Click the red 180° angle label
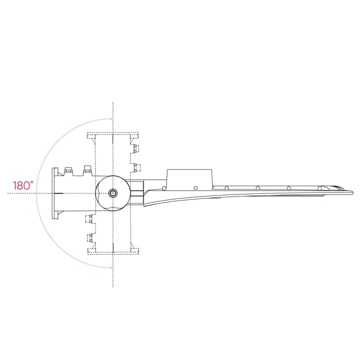(x=23, y=185)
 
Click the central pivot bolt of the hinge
(x=113, y=193)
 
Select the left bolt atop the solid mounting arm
(x=68, y=170)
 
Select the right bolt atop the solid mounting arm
(x=87, y=169)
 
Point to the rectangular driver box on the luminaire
(x=190, y=177)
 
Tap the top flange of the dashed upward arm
(x=113, y=135)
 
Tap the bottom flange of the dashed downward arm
(x=113, y=250)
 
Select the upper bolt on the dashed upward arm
(x=135, y=148)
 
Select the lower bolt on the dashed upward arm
(x=135, y=166)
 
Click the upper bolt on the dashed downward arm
(x=90, y=219)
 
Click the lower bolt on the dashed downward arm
(x=90, y=237)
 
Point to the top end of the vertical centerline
(x=113, y=103)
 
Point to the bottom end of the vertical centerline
(x=113, y=286)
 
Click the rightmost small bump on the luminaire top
(x=319, y=188)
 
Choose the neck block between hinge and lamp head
(x=136, y=193)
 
